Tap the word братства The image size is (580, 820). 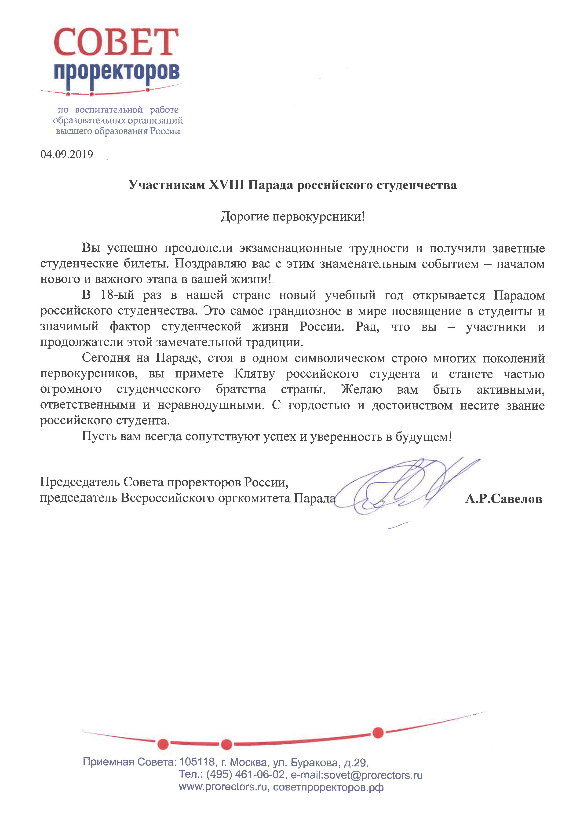(x=241, y=389)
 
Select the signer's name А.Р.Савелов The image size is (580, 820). (x=503, y=498)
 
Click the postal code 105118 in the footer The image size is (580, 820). (x=197, y=762)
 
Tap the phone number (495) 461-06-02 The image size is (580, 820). (x=246, y=775)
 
